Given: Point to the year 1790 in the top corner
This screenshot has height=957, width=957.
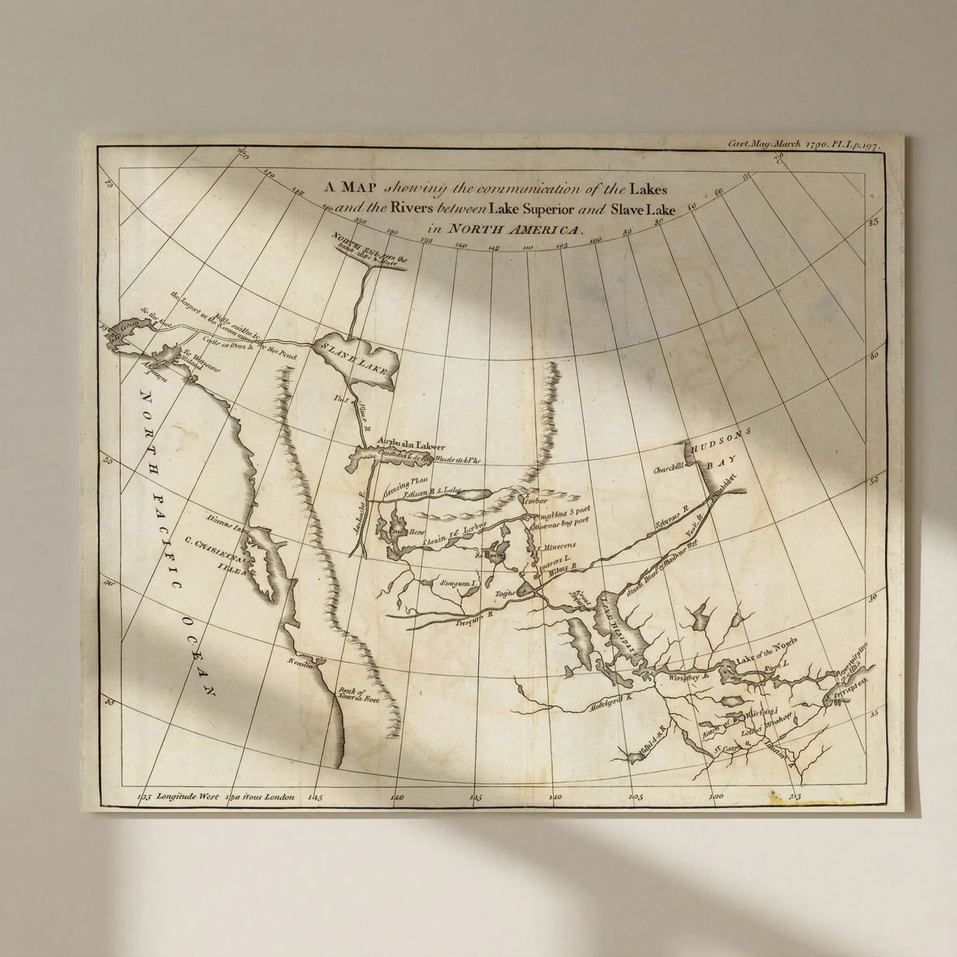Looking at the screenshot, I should click(x=816, y=144).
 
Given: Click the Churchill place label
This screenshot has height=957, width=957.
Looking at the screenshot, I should click(x=668, y=470).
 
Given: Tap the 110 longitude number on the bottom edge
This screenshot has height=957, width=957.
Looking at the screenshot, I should click(x=554, y=797).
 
